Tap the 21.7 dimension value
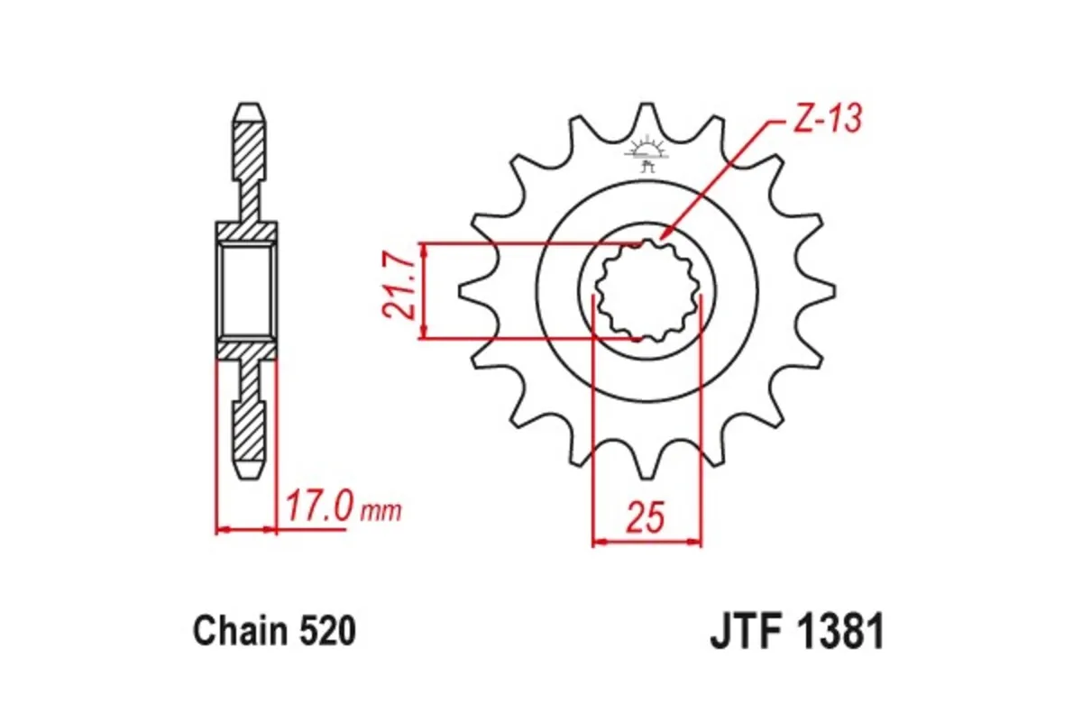pos(397,290)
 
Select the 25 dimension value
pos(646,519)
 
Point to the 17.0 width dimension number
pos(318,507)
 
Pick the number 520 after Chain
pos(325,631)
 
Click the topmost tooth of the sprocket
pos(646,115)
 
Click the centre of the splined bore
pos(646,292)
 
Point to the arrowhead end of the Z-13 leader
pos(662,237)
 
